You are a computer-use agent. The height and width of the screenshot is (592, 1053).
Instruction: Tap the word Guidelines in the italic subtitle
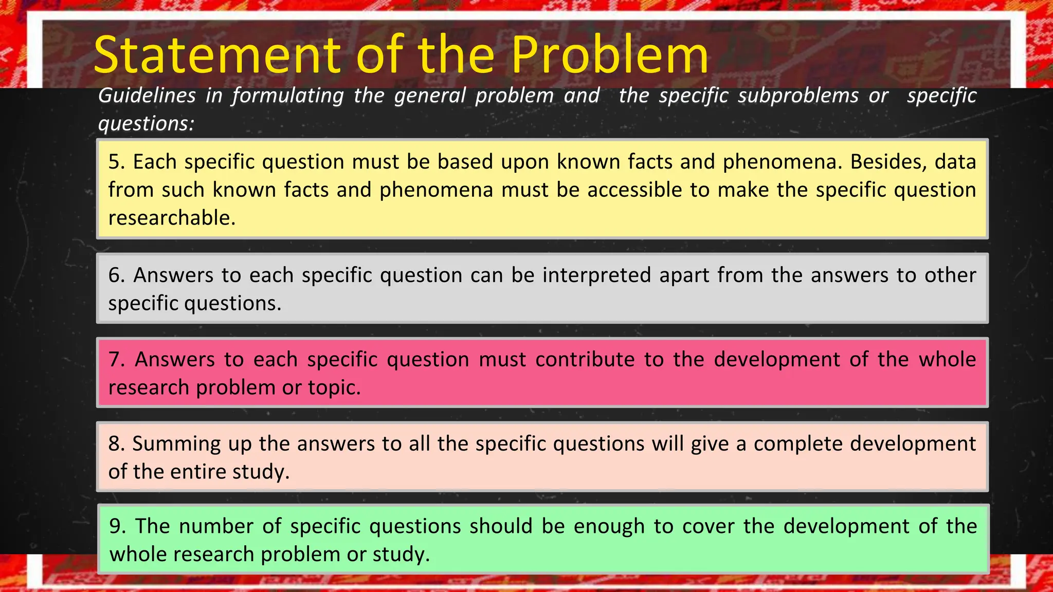pos(147,96)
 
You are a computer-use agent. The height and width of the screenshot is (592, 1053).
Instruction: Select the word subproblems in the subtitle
pos(759,96)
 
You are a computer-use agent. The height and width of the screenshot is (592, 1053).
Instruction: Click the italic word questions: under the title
pos(146,123)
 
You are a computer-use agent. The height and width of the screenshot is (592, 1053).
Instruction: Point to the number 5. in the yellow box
pos(117,162)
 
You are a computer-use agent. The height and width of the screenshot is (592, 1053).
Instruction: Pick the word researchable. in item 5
pos(172,218)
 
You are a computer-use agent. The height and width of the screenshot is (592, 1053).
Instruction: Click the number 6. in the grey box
pos(117,275)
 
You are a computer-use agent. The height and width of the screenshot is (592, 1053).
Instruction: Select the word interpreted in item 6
pos(596,275)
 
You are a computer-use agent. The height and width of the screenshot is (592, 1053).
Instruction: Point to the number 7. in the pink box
pos(117,359)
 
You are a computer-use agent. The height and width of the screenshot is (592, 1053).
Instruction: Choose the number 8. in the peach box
pos(116,443)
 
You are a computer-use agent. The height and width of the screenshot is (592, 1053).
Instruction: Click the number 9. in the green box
pos(117,526)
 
